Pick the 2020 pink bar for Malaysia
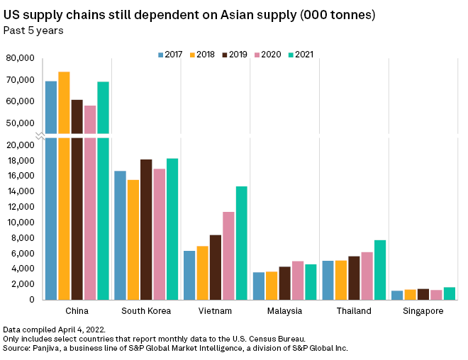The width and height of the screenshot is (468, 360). coord(298,280)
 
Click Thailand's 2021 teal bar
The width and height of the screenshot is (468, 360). coord(380,269)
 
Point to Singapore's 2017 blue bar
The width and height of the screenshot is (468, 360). coord(397,295)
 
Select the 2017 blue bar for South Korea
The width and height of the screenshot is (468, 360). coord(121,235)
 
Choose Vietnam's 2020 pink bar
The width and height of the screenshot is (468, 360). coord(228,255)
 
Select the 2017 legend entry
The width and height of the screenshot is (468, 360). coord(169,54)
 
